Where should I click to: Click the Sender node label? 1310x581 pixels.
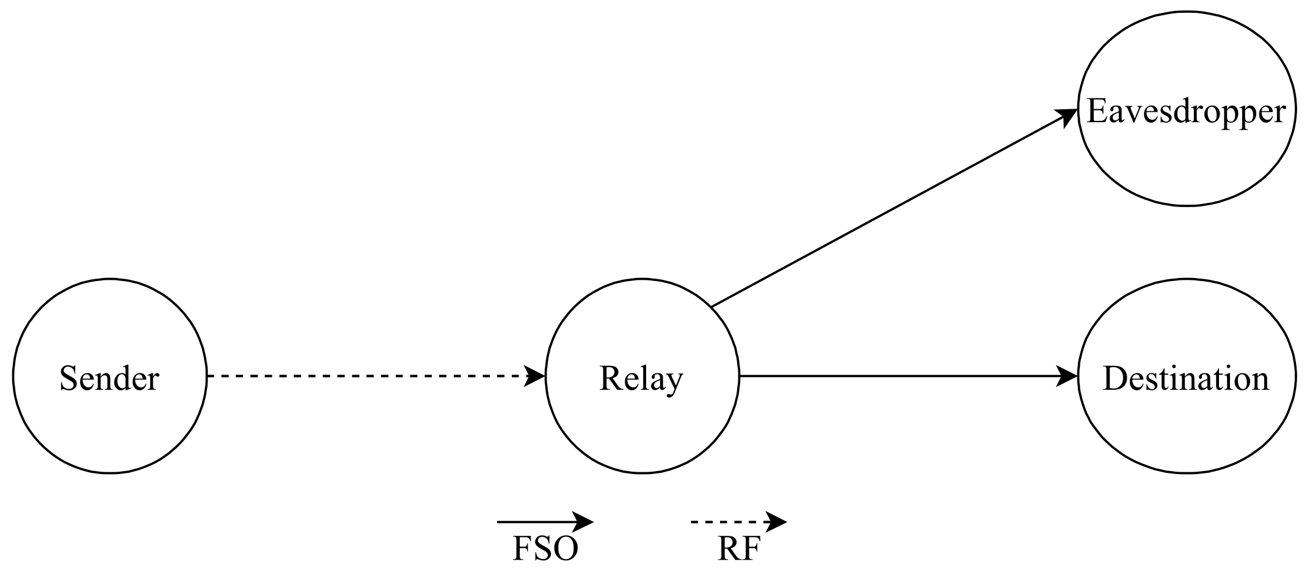click(109, 378)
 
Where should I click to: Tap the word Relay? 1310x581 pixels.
click(641, 378)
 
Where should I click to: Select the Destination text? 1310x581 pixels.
click(1186, 378)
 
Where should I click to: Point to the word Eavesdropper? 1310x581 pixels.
click(1186, 112)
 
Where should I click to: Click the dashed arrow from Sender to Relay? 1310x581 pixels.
click(366, 376)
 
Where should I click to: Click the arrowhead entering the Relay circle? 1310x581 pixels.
click(536, 376)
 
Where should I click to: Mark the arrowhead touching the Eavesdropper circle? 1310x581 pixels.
click(1068, 116)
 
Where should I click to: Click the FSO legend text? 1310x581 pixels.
click(545, 549)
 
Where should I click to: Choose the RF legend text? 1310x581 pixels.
click(738, 549)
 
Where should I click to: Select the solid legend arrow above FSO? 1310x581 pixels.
click(537, 522)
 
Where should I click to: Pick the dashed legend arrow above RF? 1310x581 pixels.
click(730, 522)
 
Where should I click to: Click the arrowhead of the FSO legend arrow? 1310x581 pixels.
click(585, 522)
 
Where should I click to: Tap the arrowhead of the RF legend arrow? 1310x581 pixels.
click(778, 522)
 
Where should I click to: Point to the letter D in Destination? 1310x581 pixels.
click(1114, 378)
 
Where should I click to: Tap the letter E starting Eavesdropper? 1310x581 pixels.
click(1097, 112)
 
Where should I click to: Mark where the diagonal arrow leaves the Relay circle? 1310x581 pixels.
click(713, 305)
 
